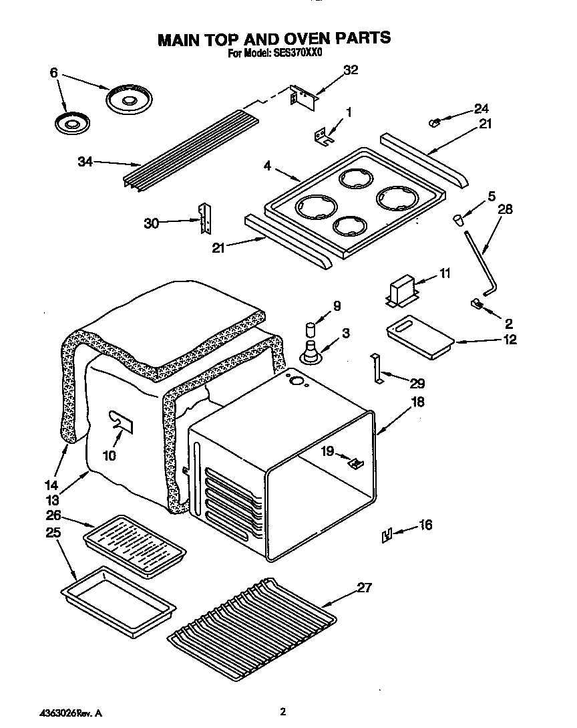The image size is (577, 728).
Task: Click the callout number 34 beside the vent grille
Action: coord(84,162)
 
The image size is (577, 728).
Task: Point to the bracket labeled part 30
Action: coord(204,219)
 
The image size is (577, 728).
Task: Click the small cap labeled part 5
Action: coord(459,219)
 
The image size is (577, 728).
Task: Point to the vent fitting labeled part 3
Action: coord(311,352)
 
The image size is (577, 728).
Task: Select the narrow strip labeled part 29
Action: coord(377,369)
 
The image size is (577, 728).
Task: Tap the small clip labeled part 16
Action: coord(386,535)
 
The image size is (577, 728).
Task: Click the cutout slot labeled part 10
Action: coord(121,420)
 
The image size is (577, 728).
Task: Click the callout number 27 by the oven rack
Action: coord(364,588)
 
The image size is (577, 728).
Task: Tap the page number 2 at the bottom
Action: coord(283,712)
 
